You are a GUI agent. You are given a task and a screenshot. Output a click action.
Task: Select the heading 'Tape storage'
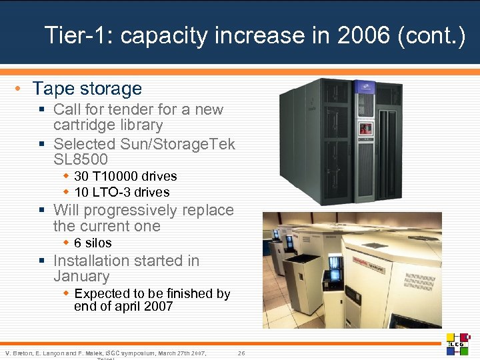[x=87, y=89]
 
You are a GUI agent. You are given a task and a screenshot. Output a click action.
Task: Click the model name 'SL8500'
[x=80, y=159]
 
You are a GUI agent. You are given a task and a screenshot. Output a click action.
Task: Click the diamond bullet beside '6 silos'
[x=66, y=243]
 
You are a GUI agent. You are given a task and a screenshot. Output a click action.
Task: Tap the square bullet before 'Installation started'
[x=42, y=261]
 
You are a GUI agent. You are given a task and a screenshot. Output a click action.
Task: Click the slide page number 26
[x=241, y=352]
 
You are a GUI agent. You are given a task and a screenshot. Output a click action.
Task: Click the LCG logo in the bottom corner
[x=459, y=343]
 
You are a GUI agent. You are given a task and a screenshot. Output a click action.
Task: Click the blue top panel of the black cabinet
[x=365, y=86]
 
